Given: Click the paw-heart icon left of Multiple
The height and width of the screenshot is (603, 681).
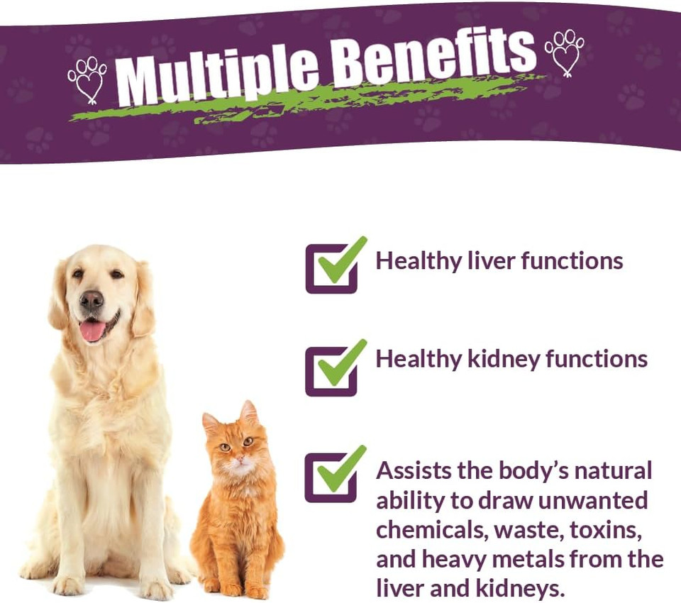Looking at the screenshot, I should tap(87, 78).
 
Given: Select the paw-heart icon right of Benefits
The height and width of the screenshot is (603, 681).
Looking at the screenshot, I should tap(564, 52).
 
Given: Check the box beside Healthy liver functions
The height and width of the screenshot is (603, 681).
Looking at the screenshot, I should tap(331, 268).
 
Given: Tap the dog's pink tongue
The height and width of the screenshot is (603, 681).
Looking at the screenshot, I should tap(92, 331).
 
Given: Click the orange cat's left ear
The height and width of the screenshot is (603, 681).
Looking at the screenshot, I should tap(211, 423).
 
